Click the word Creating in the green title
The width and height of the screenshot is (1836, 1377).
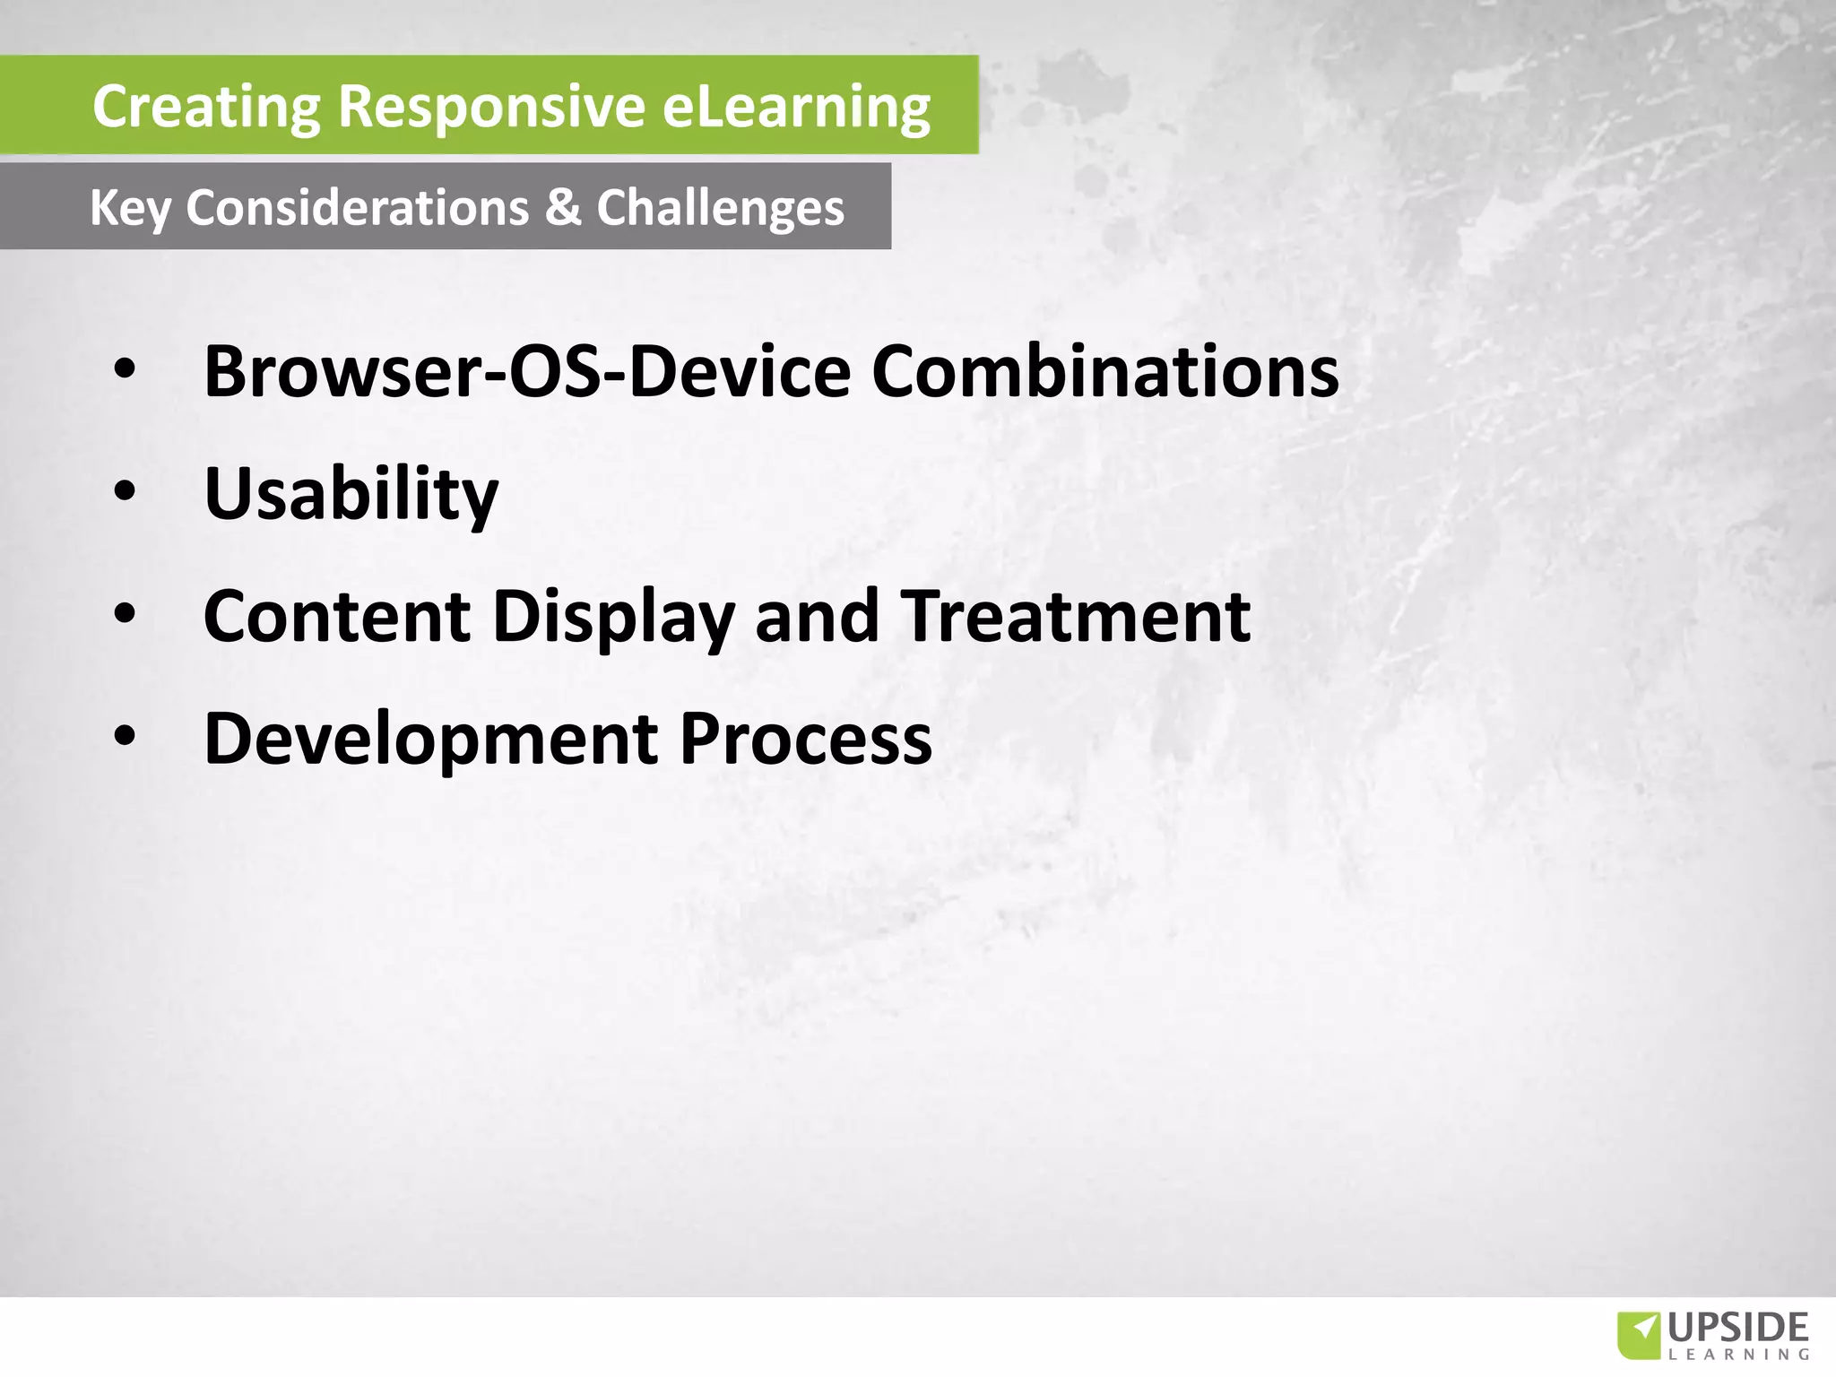click(x=206, y=107)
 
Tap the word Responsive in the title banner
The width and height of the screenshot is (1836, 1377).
click(x=491, y=107)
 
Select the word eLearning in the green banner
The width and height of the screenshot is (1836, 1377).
click(x=796, y=107)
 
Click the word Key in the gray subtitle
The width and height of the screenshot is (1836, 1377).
click(x=130, y=209)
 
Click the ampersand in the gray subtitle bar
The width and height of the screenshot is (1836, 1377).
click(x=563, y=207)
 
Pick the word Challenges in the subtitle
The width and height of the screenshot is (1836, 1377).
click(x=720, y=209)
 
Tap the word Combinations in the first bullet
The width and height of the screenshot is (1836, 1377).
click(x=1104, y=371)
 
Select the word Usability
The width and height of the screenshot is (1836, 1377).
click(x=351, y=494)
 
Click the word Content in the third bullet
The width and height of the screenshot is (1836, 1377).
click(x=337, y=617)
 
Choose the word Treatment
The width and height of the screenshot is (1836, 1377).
click(x=1074, y=617)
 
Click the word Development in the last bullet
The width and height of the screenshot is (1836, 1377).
click(x=430, y=740)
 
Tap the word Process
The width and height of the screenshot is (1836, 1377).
click(x=805, y=740)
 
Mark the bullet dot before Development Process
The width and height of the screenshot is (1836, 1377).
click(x=125, y=736)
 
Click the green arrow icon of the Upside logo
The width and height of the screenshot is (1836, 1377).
click(x=1639, y=1335)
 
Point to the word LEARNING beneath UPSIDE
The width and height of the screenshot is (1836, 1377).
click(x=1738, y=1354)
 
